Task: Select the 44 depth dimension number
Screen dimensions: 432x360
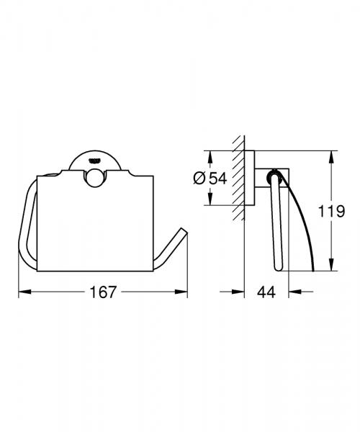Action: [x=267, y=292]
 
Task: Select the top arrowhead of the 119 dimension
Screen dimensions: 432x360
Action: [x=332, y=155]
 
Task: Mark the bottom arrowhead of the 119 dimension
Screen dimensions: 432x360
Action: [x=332, y=269]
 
